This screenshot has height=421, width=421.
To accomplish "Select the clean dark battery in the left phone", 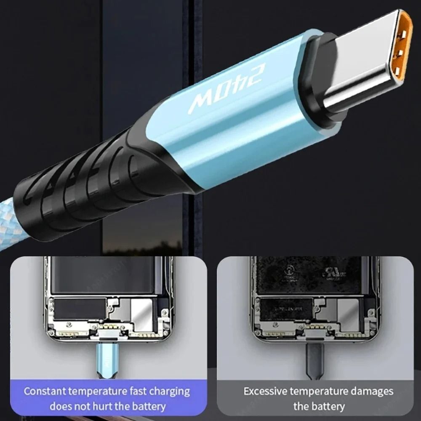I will [x=105, y=276].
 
